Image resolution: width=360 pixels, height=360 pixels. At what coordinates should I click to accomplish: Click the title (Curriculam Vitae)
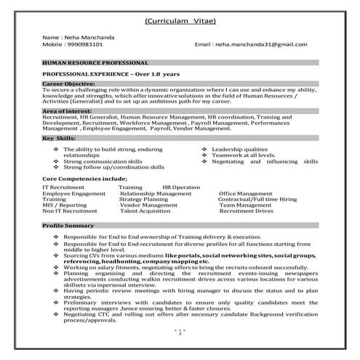[180, 20]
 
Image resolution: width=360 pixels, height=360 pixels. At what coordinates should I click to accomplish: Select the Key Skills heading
[59, 137]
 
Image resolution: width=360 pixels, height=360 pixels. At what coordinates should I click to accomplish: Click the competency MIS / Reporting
[64, 205]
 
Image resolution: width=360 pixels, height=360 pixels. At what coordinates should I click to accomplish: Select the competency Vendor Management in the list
[148, 205]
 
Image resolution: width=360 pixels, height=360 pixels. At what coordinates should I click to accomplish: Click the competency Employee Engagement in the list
[73, 193]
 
